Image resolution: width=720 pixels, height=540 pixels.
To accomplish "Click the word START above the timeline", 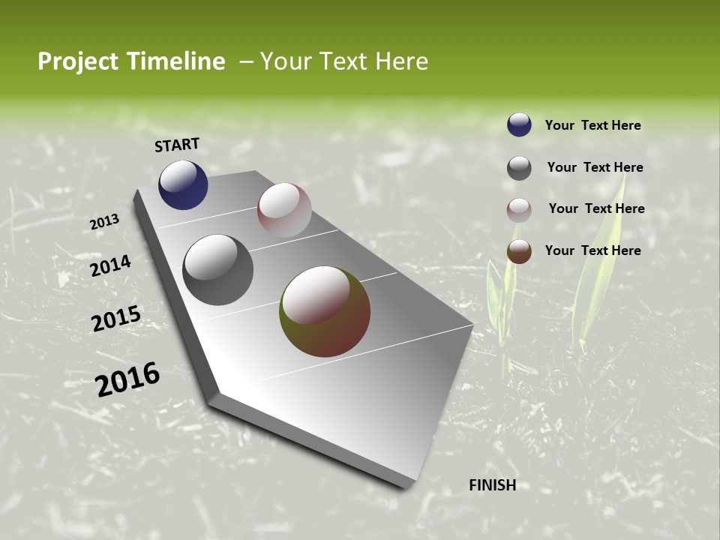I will (x=177, y=145).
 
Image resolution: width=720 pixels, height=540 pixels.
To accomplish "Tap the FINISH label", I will (x=492, y=485).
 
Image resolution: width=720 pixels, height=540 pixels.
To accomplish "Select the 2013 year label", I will (x=104, y=222).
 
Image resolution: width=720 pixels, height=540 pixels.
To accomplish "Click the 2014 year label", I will (x=110, y=266).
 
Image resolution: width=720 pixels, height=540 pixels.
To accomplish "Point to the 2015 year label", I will (x=115, y=319).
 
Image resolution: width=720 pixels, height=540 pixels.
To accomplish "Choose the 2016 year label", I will (x=127, y=379).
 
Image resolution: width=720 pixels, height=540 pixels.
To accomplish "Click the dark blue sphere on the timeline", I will (x=183, y=185).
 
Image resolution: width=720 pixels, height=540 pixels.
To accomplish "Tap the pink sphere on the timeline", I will (x=284, y=210).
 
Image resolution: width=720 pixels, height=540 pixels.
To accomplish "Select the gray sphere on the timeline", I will (x=218, y=270).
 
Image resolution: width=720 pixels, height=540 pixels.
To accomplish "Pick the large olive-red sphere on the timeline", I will (x=325, y=311).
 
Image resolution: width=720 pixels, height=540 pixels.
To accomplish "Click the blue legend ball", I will (x=519, y=124).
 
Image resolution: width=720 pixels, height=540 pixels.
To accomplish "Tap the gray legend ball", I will (x=519, y=168).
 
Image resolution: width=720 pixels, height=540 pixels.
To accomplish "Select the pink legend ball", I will (x=519, y=210).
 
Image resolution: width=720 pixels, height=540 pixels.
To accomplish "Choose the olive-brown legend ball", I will (x=519, y=252).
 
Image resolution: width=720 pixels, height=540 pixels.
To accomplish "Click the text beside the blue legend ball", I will (x=592, y=125).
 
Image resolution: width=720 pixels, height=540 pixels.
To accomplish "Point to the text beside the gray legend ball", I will (x=595, y=167).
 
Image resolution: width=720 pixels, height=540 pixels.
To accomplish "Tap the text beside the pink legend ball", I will (x=596, y=208).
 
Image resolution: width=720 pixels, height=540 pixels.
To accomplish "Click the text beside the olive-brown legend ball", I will (x=592, y=250).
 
